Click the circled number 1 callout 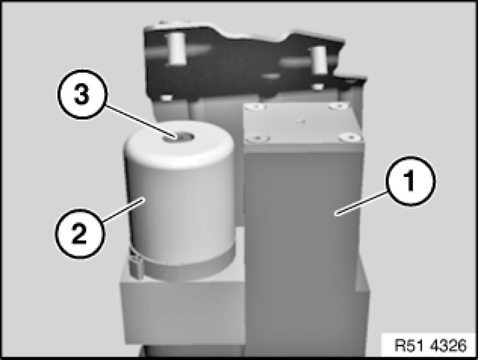pos(410,181)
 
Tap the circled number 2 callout pos(80,234)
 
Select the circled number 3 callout pos(82,94)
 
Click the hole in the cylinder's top pos(178,138)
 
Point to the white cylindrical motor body pos(179,195)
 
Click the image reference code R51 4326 pos(430,346)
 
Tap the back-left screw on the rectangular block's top pos(256,107)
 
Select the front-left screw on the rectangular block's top pos(258,138)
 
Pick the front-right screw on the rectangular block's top pos(350,137)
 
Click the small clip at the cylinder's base pos(135,265)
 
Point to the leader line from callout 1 pos(361,203)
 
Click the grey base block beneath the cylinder pos(182,308)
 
